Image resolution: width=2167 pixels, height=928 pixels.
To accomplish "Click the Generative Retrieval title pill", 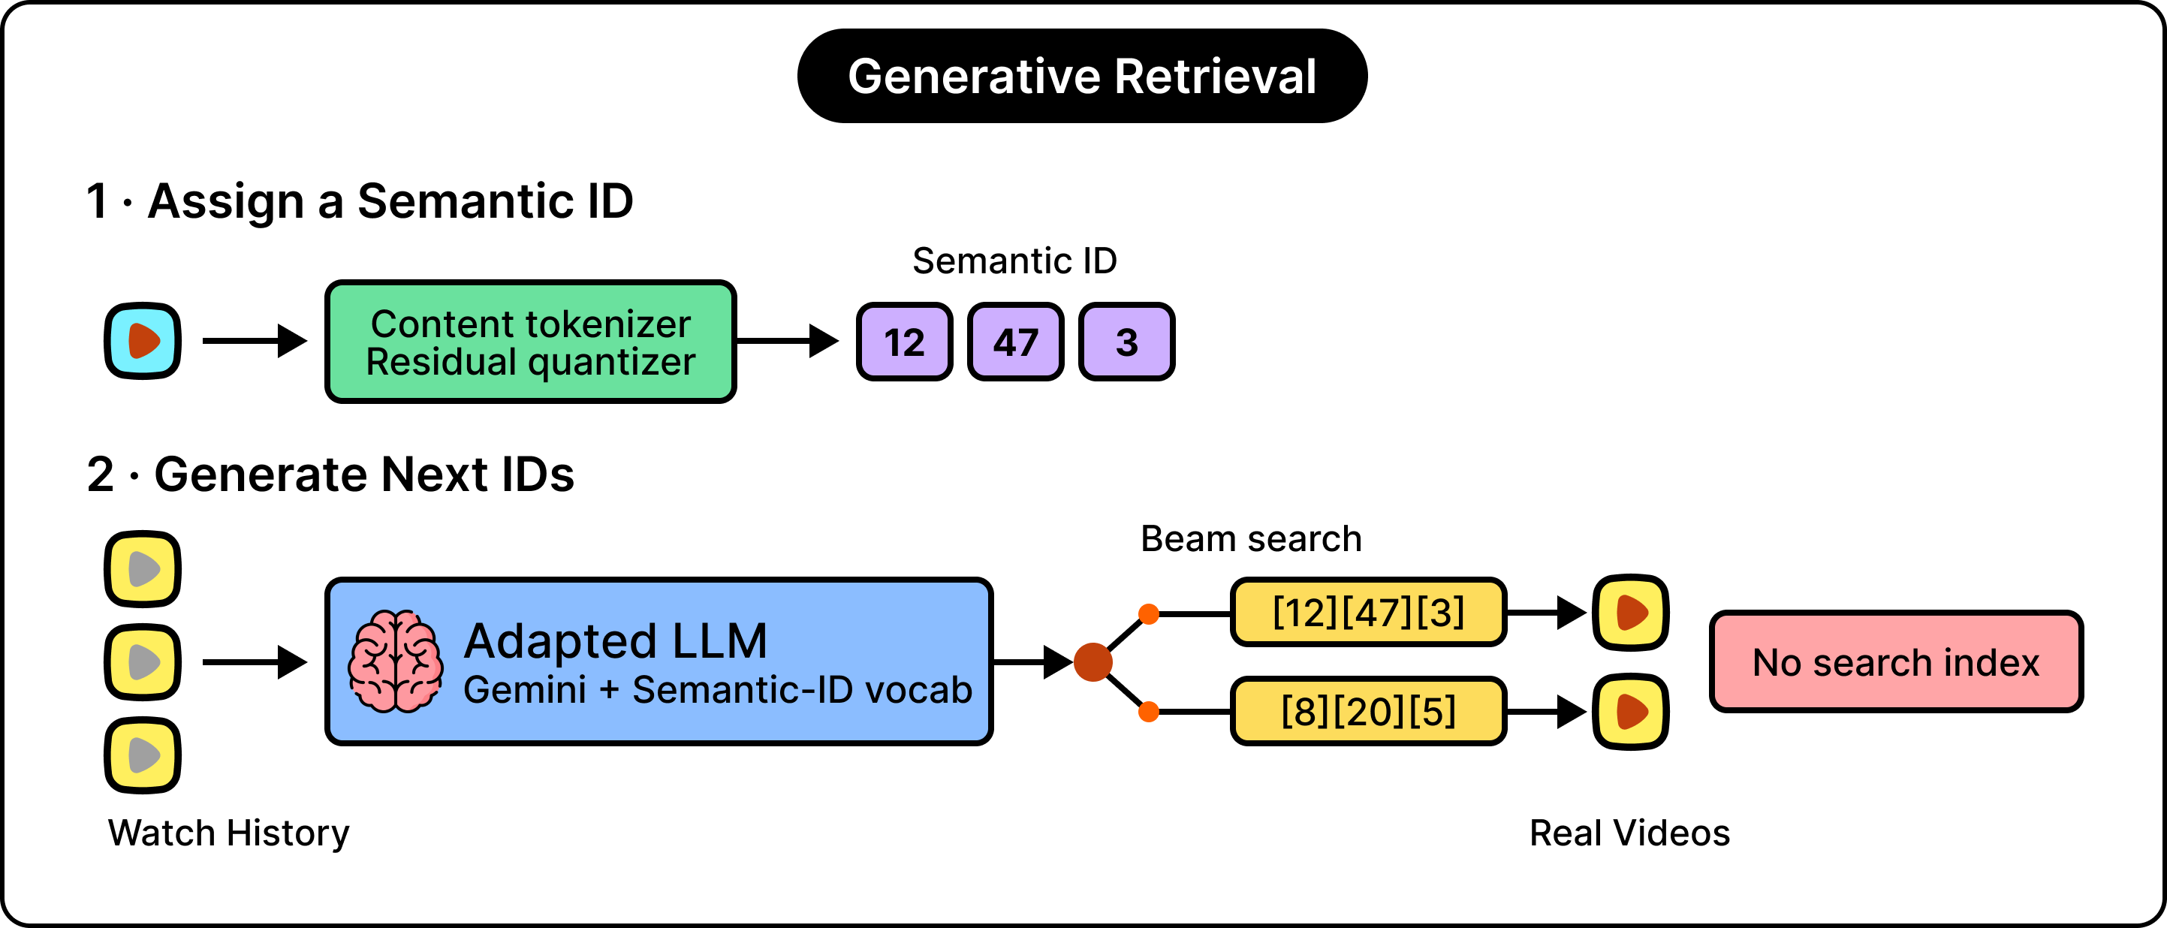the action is (x=1082, y=76).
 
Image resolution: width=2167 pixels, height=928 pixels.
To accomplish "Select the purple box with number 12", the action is (x=904, y=342).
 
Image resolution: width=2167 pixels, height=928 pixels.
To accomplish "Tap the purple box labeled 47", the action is (x=1015, y=342).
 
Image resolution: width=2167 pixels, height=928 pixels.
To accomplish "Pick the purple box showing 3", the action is (x=1126, y=342).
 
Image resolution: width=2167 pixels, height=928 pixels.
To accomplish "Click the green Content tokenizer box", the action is (x=531, y=342).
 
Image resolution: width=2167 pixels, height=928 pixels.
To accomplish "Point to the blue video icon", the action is (x=142, y=341).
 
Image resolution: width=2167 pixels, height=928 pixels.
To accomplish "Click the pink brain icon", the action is (x=396, y=661).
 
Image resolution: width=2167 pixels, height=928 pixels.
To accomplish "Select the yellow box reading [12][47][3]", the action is (x=1368, y=612).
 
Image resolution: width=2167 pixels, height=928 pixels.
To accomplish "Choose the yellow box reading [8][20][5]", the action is (x=1368, y=711).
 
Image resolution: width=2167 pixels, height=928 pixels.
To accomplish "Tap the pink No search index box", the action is (x=1896, y=661).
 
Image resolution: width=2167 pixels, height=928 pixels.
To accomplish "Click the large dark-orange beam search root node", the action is (x=1093, y=662).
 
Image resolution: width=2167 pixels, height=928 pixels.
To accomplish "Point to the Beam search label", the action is (x=1251, y=538).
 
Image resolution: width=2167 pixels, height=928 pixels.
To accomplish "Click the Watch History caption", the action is (x=228, y=833).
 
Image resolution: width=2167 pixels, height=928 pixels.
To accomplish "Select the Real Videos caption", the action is (x=1629, y=833).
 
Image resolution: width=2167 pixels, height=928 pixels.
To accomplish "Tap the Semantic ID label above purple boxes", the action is (x=1014, y=261).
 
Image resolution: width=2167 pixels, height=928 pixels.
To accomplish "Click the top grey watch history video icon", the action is (x=142, y=569).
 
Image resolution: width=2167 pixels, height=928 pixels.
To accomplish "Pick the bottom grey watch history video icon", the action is (x=142, y=755).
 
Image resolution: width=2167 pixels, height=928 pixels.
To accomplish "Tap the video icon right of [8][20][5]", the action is (x=1630, y=712).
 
